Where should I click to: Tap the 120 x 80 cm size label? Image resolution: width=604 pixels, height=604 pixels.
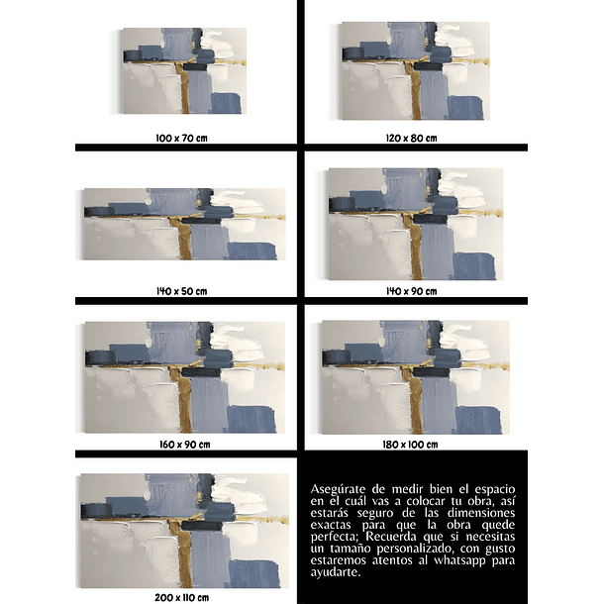pos(411,138)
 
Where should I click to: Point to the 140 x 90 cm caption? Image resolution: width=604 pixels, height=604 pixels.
pos(411,291)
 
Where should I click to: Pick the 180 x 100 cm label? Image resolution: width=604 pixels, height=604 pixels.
pos(411,445)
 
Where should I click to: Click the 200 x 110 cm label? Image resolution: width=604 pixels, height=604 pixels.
pos(182,598)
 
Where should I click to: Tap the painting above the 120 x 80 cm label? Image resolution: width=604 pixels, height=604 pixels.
pos(414,70)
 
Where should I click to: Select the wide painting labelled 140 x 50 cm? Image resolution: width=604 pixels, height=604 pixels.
pos(183,224)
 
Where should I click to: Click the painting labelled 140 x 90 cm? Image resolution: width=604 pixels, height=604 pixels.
pos(414,224)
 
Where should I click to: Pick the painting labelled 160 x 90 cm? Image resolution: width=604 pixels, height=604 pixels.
pos(183,377)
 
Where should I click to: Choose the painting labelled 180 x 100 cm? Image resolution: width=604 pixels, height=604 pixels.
pos(414,377)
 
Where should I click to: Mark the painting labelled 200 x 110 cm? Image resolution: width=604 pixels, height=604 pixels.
pos(183,531)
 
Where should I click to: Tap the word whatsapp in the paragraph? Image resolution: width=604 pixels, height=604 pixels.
pos(461,561)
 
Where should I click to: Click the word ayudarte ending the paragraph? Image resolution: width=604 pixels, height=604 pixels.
pos(337,573)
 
